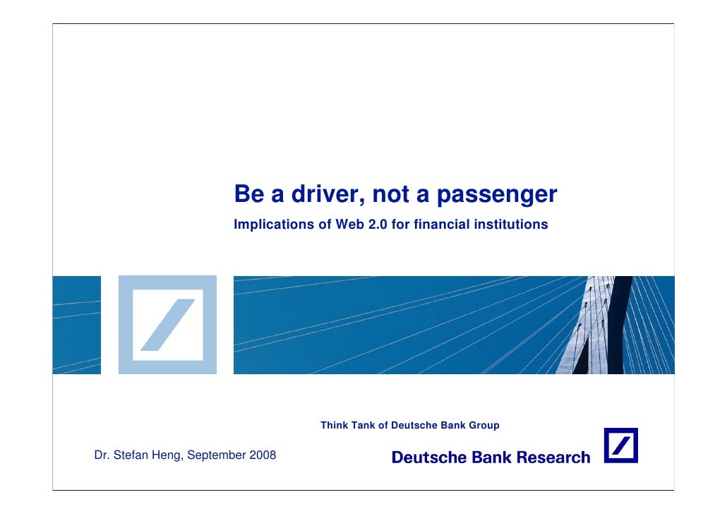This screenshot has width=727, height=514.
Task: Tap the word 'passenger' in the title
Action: [496, 195]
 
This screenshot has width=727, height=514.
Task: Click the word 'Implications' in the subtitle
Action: [274, 225]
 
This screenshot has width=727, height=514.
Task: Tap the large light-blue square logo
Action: [167, 325]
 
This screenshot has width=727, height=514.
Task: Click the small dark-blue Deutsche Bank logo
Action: [620, 446]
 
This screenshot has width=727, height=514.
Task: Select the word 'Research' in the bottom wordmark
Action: [553, 458]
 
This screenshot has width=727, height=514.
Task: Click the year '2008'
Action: [262, 455]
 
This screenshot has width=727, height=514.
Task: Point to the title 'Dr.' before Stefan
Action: [102, 455]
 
